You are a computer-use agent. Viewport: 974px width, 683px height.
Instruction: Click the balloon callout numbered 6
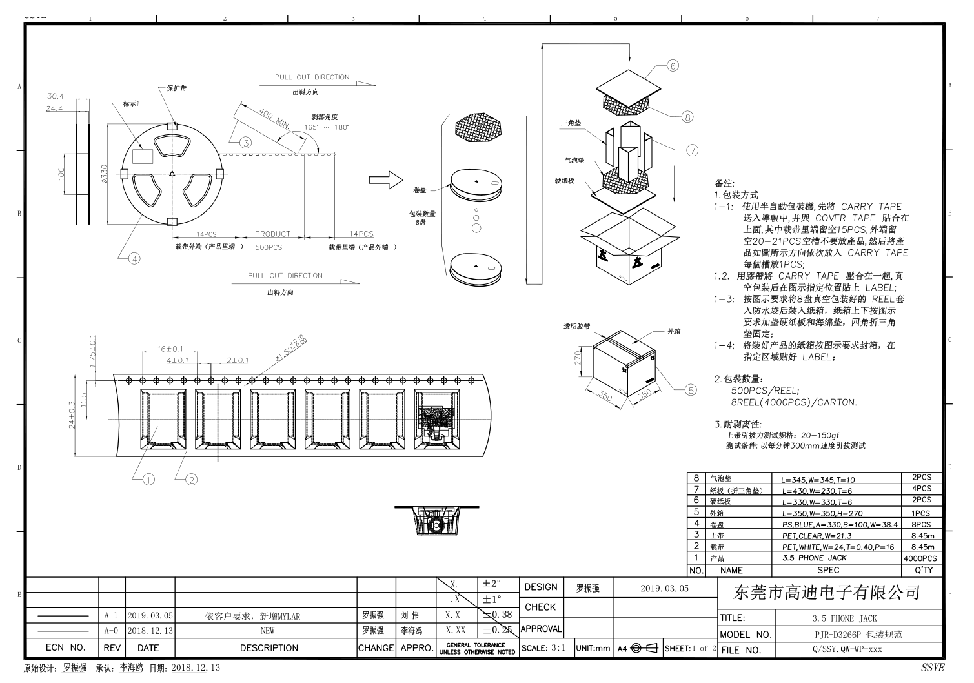tap(673, 66)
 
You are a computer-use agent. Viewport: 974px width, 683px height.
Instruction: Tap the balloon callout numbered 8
tap(687, 117)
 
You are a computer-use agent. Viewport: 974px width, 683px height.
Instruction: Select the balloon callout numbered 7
tap(692, 150)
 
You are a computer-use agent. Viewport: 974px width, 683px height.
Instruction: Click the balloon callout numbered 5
tap(691, 390)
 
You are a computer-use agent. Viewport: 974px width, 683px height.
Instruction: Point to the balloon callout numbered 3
tap(245, 143)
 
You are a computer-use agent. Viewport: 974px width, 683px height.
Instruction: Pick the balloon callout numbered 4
tap(134, 259)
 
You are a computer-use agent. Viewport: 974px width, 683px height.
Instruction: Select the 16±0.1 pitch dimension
tap(170, 349)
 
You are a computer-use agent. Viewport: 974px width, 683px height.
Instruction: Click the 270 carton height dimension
tap(579, 357)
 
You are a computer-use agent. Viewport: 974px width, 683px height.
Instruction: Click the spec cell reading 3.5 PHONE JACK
tap(814, 558)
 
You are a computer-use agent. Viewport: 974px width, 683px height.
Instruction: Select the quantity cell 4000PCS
tap(920, 558)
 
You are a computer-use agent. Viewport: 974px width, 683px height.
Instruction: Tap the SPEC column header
tap(828, 571)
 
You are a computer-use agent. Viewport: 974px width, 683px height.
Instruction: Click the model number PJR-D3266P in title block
tap(858, 635)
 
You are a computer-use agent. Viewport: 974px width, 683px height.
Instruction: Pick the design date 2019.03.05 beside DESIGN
tap(664, 588)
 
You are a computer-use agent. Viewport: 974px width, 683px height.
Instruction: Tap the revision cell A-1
tap(110, 616)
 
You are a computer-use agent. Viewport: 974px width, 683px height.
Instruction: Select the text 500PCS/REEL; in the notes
tap(765, 391)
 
